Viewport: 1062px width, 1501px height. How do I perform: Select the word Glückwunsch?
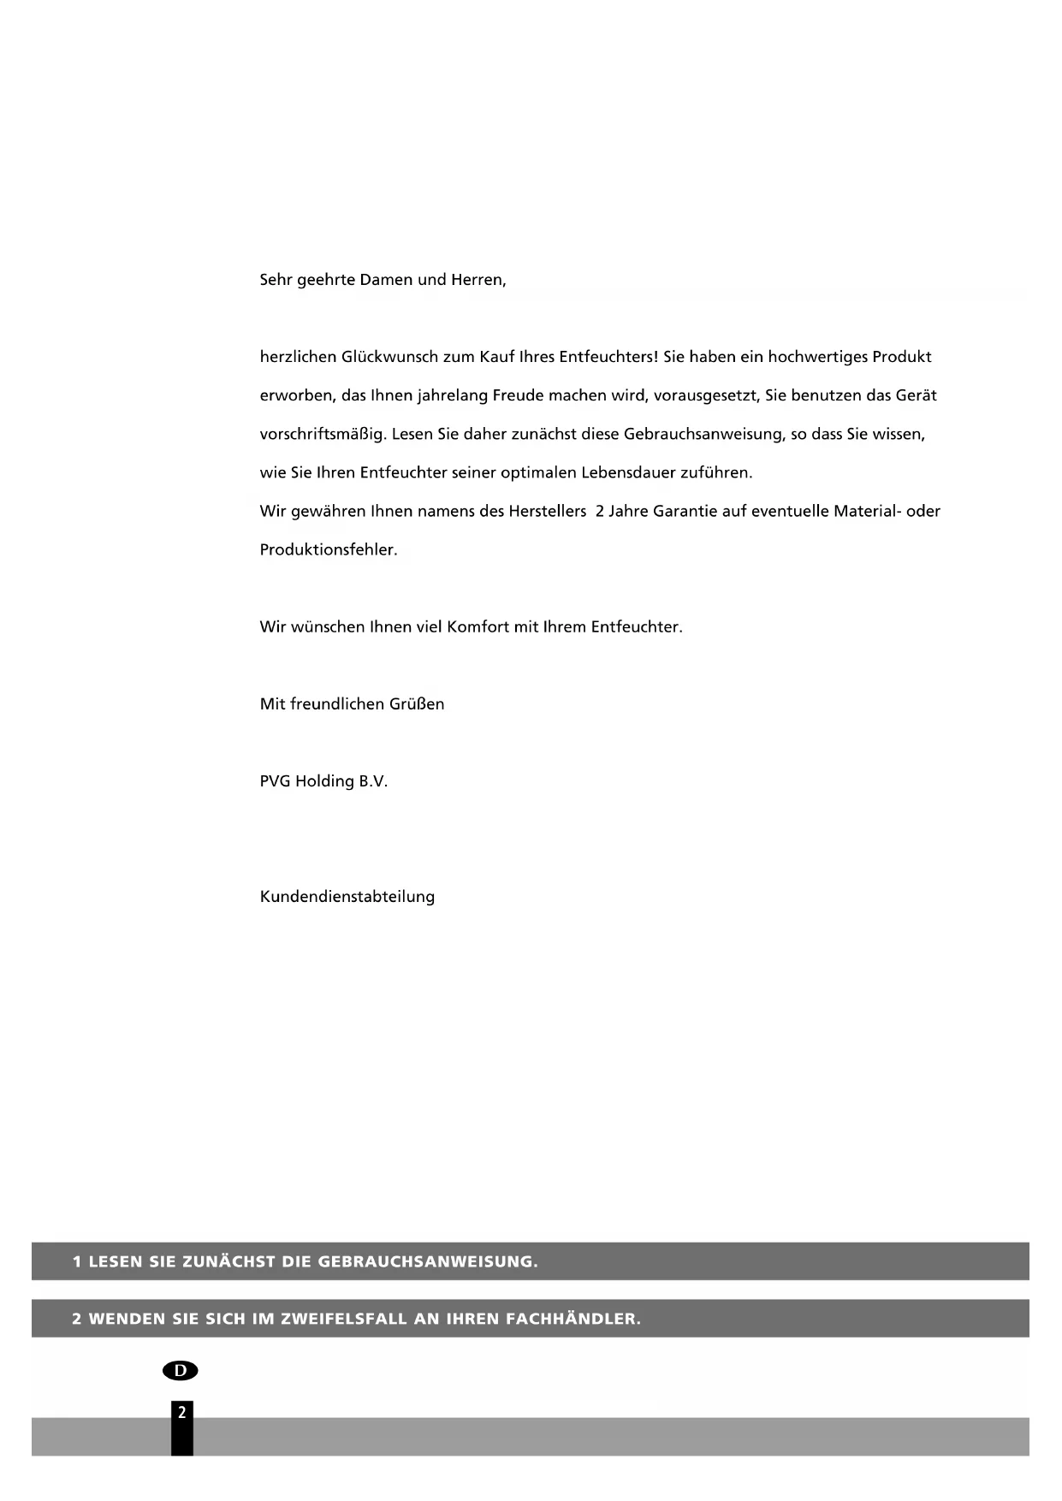389,357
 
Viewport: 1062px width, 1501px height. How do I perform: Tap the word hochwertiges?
816,357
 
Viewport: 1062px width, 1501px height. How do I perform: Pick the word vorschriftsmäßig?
323,434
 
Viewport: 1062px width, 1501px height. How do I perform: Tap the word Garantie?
685,511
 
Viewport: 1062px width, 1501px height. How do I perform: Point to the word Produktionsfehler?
329,549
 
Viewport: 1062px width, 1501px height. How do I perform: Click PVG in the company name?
275,781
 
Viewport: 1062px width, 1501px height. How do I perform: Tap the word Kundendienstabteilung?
347,897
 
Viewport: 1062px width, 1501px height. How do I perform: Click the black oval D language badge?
180,1370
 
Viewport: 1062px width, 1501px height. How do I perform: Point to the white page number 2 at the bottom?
181,1412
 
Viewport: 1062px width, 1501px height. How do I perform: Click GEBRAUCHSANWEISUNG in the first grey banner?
427,1261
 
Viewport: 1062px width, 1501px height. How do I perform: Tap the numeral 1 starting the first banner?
77,1261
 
